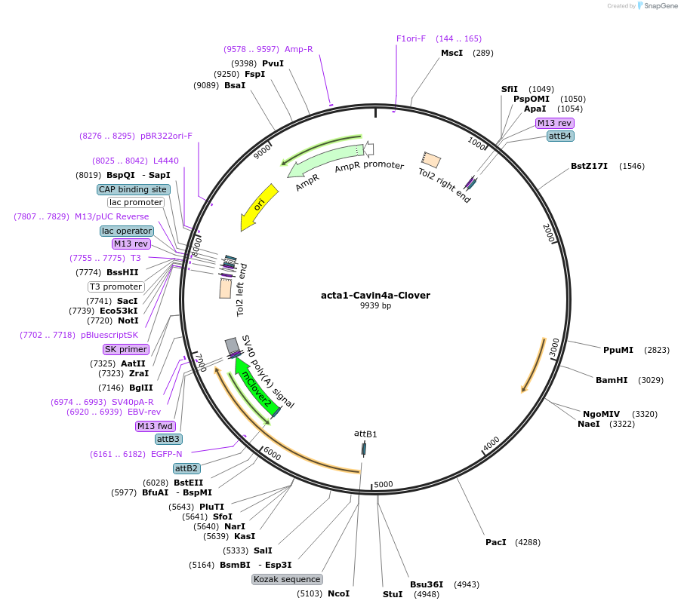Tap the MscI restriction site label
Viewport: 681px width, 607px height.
pyautogui.click(x=457, y=53)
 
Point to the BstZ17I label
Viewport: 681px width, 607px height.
pyautogui.click(x=589, y=166)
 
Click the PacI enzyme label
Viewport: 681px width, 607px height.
pyautogui.click(x=496, y=542)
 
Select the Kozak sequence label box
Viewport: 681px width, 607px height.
pyautogui.click(x=287, y=579)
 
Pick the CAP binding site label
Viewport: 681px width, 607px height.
pyautogui.click(x=132, y=189)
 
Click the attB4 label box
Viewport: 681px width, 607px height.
pyautogui.click(x=560, y=136)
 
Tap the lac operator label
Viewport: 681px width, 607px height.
pyautogui.click(x=127, y=231)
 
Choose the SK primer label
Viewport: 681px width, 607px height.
pyautogui.click(x=126, y=349)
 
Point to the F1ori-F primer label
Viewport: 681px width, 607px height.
pyautogui.click(x=411, y=38)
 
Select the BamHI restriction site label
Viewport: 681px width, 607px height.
pyautogui.click(x=612, y=380)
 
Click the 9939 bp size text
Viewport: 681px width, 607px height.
pyautogui.click(x=375, y=305)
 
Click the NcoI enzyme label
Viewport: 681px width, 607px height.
pyautogui.click(x=338, y=593)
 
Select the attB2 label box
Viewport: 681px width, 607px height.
pyautogui.click(x=186, y=468)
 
